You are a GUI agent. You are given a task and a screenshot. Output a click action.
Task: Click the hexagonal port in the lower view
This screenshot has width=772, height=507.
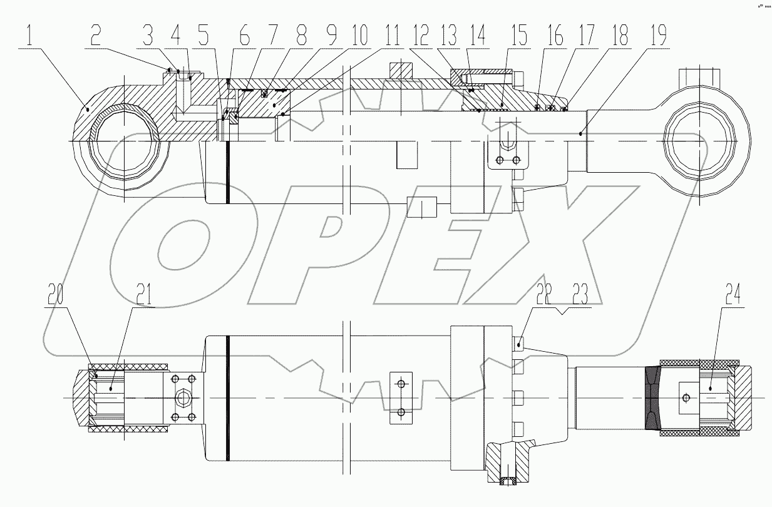184,397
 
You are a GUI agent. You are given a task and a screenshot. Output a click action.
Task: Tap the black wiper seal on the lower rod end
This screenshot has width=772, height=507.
652,397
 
